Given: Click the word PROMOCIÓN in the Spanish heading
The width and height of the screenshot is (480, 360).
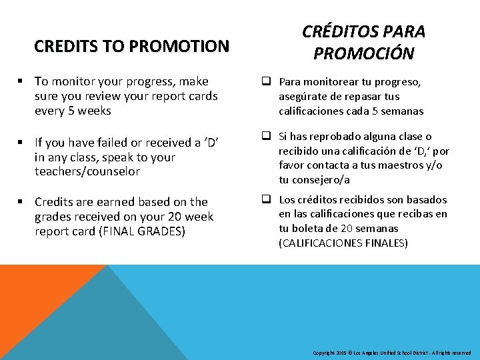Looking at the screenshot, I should (363, 53).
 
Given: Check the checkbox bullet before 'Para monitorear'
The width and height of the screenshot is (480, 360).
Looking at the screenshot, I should (265, 82).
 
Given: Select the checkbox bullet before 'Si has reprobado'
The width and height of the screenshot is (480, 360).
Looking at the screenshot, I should (265, 136).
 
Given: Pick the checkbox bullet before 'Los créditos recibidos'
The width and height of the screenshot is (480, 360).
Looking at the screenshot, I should (265, 199).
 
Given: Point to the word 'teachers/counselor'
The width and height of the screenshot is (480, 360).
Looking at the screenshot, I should (87, 171).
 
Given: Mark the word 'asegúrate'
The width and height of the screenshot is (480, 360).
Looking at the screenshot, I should (301, 97).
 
